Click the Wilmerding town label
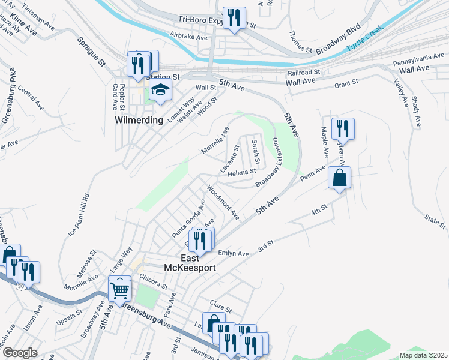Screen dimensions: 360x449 point(139,120)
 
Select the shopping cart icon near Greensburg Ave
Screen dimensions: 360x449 point(120,289)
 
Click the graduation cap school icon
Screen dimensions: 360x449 point(160,91)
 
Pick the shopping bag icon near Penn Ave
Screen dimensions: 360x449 point(339,178)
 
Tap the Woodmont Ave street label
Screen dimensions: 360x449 point(223,202)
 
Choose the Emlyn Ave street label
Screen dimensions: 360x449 point(234,254)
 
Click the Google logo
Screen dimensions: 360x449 point(20,353)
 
